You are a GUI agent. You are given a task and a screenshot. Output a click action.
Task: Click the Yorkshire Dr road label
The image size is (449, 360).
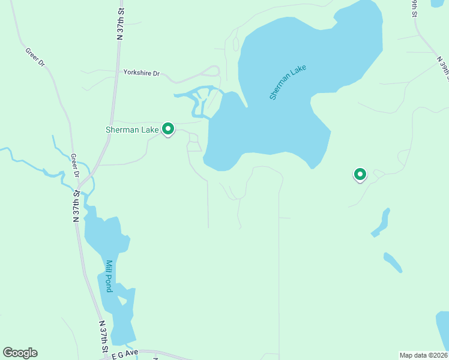coord(141,73)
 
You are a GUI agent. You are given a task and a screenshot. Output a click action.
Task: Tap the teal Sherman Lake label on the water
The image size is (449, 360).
coord(288,82)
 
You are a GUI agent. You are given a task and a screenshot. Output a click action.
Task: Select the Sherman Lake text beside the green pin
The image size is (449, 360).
coord(132,130)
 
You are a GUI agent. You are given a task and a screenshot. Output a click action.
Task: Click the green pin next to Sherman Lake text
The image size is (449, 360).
coord(169,128)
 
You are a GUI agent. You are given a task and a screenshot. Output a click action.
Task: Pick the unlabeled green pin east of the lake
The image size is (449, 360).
coord(360,175)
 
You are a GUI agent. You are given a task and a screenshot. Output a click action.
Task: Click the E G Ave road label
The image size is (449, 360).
coord(125,354)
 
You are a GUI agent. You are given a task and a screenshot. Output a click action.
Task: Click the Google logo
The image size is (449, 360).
coord(20,353)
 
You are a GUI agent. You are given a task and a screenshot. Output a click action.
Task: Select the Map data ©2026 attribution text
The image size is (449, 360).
coord(423,355)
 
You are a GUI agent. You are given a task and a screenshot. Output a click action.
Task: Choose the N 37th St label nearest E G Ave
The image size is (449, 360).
coord(103,336)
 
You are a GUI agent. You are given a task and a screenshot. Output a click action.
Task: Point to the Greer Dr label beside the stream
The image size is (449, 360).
coord(75,166)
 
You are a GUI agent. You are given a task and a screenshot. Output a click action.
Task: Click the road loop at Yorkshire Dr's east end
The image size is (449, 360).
coord(211,71)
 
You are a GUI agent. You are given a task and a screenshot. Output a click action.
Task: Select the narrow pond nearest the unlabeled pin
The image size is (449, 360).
coord(381,223)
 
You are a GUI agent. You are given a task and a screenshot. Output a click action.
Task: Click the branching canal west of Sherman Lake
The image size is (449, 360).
coord(198,98)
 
